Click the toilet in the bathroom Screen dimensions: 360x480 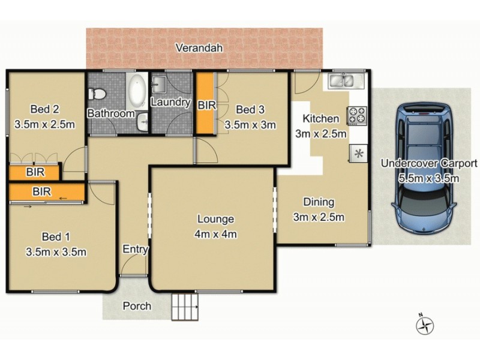pyautogui.click(x=97, y=94)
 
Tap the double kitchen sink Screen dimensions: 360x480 pyautogui.click(x=341, y=81)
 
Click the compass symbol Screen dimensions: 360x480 pyautogui.click(x=425, y=325)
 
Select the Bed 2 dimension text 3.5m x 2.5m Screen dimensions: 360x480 pyautogui.click(x=44, y=125)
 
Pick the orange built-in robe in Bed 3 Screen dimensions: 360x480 pyautogui.click(x=206, y=103)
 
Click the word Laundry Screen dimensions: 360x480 pyautogui.click(x=170, y=103)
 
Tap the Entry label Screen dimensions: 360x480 pyautogui.click(x=134, y=250)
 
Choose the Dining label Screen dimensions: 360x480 pyautogui.click(x=318, y=202)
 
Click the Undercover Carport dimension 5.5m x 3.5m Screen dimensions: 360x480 pyautogui.click(x=429, y=178)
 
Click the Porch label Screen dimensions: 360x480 pyautogui.click(x=137, y=306)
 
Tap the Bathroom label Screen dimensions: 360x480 pyautogui.click(x=111, y=113)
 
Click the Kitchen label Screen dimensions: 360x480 pyautogui.click(x=320, y=119)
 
